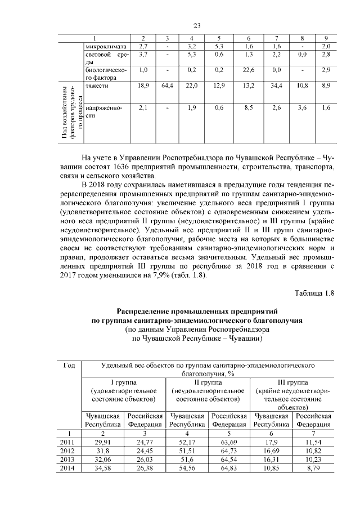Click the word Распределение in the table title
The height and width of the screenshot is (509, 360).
[x=148, y=311]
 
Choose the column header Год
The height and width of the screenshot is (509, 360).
[x=69, y=366]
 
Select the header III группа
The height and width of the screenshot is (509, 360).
[x=292, y=382]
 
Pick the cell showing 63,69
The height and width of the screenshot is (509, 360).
[x=229, y=444]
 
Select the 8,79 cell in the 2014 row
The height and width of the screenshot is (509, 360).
[x=313, y=467]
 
